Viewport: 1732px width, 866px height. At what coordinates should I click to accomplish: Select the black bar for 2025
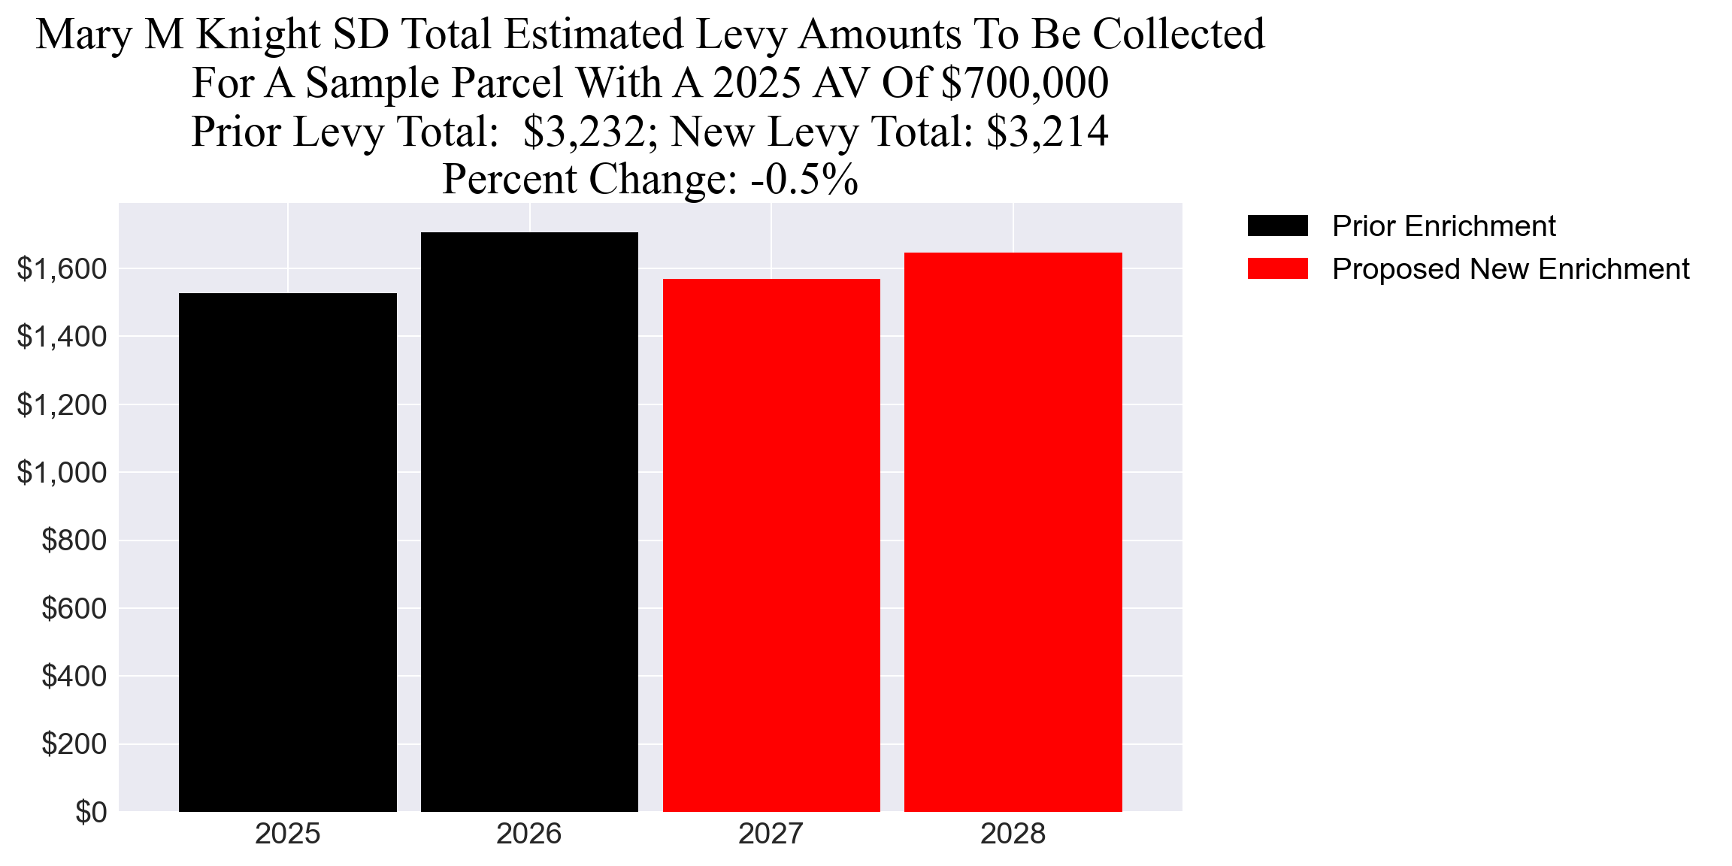pyautogui.click(x=288, y=553)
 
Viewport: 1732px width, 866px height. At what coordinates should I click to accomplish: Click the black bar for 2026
pyautogui.click(x=529, y=522)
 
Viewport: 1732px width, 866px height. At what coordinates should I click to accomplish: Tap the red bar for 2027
pyautogui.click(x=771, y=545)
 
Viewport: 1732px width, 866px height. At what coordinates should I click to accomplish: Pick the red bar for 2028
pyautogui.click(x=1013, y=532)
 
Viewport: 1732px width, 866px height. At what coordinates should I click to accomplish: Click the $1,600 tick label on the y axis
pyautogui.click(x=62, y=269)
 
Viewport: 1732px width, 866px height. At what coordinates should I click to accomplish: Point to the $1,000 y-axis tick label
pyautogui.click(x=62, y=473)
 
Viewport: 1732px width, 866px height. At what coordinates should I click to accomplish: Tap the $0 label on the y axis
pyautogui.click(x=91, y=813)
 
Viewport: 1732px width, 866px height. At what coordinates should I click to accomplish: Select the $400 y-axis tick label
pyautogui.click(x=74, y=677)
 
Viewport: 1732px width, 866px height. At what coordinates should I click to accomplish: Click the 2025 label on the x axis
pyautogui.click(x=288, y=834)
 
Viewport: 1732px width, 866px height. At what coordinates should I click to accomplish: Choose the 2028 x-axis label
pyautogui.click(x=1013, y=834)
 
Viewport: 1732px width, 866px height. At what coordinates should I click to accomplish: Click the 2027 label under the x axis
pyautogui.click(x=771, y=834)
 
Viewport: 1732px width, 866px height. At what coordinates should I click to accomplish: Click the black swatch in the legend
pyautogui.click(x=1277, y=226)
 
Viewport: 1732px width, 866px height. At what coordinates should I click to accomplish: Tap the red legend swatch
pyautogui.click(x=1277, y=268)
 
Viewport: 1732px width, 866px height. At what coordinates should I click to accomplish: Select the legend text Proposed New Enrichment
pyautogui.click(x=1510, y=269)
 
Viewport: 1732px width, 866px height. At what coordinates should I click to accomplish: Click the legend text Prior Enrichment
pyautogui.click(x=1443, y=226)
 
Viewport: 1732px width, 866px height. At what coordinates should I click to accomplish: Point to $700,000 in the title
pyautogui.click(x=1025, y=83)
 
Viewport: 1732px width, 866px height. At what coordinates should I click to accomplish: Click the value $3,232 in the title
pyautogui.click(x=584, y=132)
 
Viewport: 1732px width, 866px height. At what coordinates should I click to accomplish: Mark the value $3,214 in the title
pyautogui.click(x=1047, y=132)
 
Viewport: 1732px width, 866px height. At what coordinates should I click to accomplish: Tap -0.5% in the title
pyautogui.click(x=804, y=180)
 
